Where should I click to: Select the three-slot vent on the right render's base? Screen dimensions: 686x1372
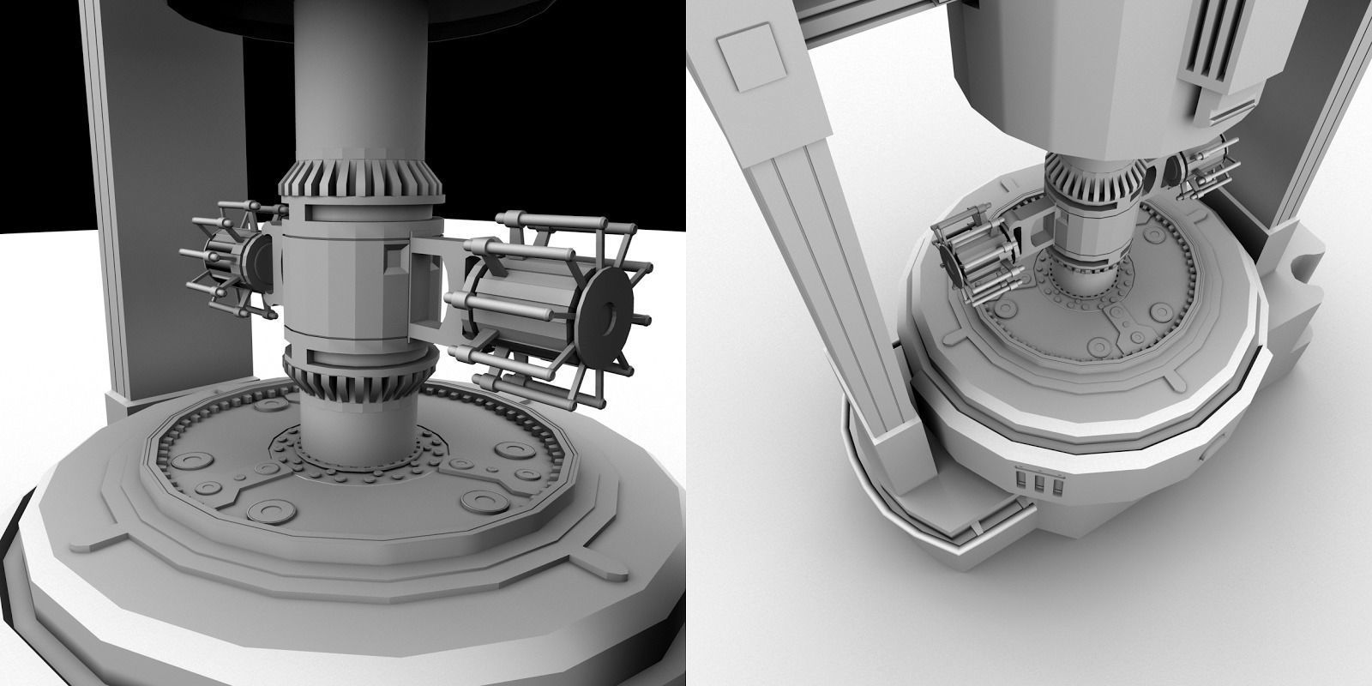point(1038,483)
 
